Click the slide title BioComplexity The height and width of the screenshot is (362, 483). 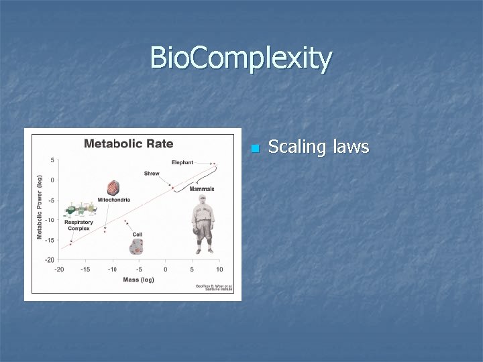coord(241,58)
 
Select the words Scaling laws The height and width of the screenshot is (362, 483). coord(318,147)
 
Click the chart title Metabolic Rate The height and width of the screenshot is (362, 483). coord(128,143)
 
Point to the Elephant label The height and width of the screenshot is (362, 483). coord(182,162)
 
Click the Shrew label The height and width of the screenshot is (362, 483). coord(152,174)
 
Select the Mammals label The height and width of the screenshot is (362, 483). coord(201,189)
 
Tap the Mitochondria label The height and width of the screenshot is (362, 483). coord(113,200)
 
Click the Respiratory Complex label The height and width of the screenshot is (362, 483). coord(79,225)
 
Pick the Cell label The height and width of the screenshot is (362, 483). coord(137,234)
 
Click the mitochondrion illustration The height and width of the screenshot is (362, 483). coord(114,188)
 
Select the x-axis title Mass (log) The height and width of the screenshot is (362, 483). coord(138,279)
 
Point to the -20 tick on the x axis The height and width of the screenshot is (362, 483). coord(59,269)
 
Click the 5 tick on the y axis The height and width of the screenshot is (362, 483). coord(53,160)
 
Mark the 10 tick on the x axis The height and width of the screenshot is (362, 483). coord(219,269)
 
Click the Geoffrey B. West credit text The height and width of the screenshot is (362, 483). coord(213,287)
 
